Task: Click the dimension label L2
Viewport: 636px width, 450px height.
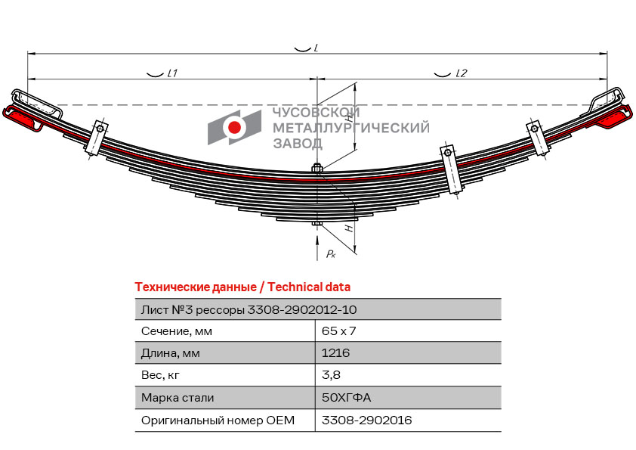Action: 462,73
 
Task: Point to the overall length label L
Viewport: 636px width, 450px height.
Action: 315,48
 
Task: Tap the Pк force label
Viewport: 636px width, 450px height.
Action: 331,254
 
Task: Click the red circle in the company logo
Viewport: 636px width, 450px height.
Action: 235,128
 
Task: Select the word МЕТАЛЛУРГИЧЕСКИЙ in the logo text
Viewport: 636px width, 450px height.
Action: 350,128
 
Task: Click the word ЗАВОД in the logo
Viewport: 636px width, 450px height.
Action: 297,143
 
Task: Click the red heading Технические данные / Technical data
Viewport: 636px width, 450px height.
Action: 242,287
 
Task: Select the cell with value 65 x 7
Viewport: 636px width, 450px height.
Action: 338,331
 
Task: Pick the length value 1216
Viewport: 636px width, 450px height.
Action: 335,353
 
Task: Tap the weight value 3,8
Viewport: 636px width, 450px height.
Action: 330,375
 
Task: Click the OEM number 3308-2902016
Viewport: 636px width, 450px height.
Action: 366,420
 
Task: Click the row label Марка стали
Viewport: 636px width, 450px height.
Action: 178,397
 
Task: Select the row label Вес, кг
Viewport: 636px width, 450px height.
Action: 161,375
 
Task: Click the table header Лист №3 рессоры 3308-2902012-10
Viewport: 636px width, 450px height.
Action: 249,309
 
